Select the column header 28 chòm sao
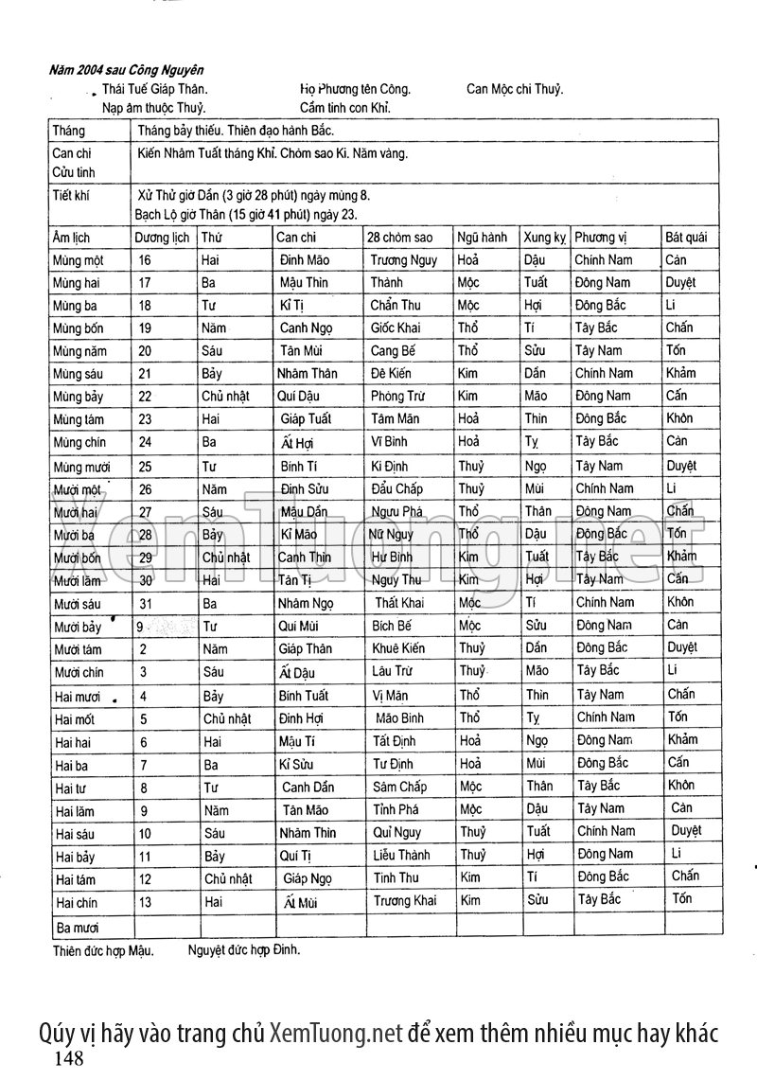[400, 237]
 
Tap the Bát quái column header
[686, 237]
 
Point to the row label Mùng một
[79, 260]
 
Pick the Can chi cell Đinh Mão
[305, 259]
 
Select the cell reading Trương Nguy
[403, 259]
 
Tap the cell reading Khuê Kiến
[401, 648]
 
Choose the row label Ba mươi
[78, 928]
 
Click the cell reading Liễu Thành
[401, 855]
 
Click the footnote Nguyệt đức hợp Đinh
[243, 947]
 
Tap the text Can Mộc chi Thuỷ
[515, 90]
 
